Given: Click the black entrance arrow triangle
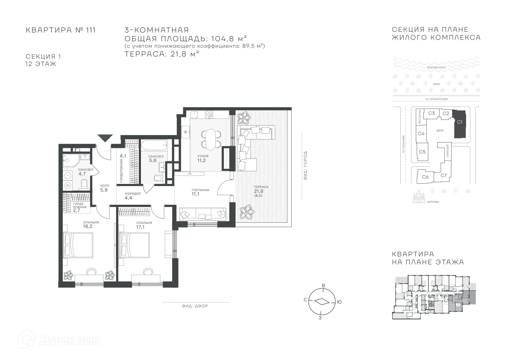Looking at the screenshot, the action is click(x=105, y=138).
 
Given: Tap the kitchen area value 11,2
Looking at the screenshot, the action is click(x=201, y=160).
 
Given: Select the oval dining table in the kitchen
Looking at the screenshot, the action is click(x=210, y=139).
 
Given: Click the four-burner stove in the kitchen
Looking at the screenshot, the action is click(x=209, y=115).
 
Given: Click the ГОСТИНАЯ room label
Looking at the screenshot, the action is click(x=200, y=190).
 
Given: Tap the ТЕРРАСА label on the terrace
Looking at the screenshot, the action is click(x=261, y=187).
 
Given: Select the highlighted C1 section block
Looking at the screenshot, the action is click(x=460, y=124).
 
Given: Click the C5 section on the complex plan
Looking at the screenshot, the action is click(x=423, y=152).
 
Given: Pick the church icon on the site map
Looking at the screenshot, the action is click(x=419, y=197).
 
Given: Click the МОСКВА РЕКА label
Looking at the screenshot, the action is click(x=436, y=67).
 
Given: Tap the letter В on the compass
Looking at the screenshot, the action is click(x=324, y=286).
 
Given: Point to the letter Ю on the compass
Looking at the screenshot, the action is click(x=339, y=302).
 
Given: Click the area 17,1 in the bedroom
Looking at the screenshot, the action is click(x=140, y=227).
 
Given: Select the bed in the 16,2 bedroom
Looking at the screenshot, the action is click(x=78, y=245).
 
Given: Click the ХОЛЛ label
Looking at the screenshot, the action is click(x=105, y=186).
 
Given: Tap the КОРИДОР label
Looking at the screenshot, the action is click(x=133, y=194).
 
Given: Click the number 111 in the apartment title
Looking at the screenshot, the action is click(x=91, y=30).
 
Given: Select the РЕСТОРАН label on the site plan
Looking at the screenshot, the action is click(x=419, y=117).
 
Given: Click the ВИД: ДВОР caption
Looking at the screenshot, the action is click(x=195, y=306).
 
